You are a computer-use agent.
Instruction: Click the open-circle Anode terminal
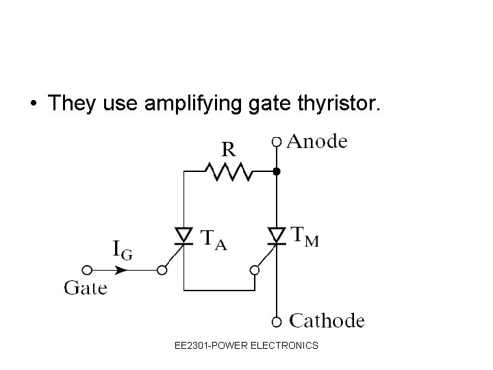(x=277, y=142)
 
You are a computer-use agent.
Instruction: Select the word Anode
(x=316, y=142)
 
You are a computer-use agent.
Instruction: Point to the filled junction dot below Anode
(x=277, y=171)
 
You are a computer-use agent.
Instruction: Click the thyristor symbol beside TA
(x=184, y=236)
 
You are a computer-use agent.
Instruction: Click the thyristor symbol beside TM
(x=277, y=236)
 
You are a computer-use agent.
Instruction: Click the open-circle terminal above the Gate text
(x=87, y=270)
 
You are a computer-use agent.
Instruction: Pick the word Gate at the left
(x=86, y=288)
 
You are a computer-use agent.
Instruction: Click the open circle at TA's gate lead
(x=162, y=270)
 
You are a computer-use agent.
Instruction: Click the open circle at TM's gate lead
(x=254, y=270)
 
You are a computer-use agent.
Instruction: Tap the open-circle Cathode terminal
(x=277, y=321)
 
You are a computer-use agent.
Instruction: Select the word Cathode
(x=327, y=321)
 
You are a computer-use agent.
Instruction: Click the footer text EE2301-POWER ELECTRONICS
(x=246, y=345)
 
